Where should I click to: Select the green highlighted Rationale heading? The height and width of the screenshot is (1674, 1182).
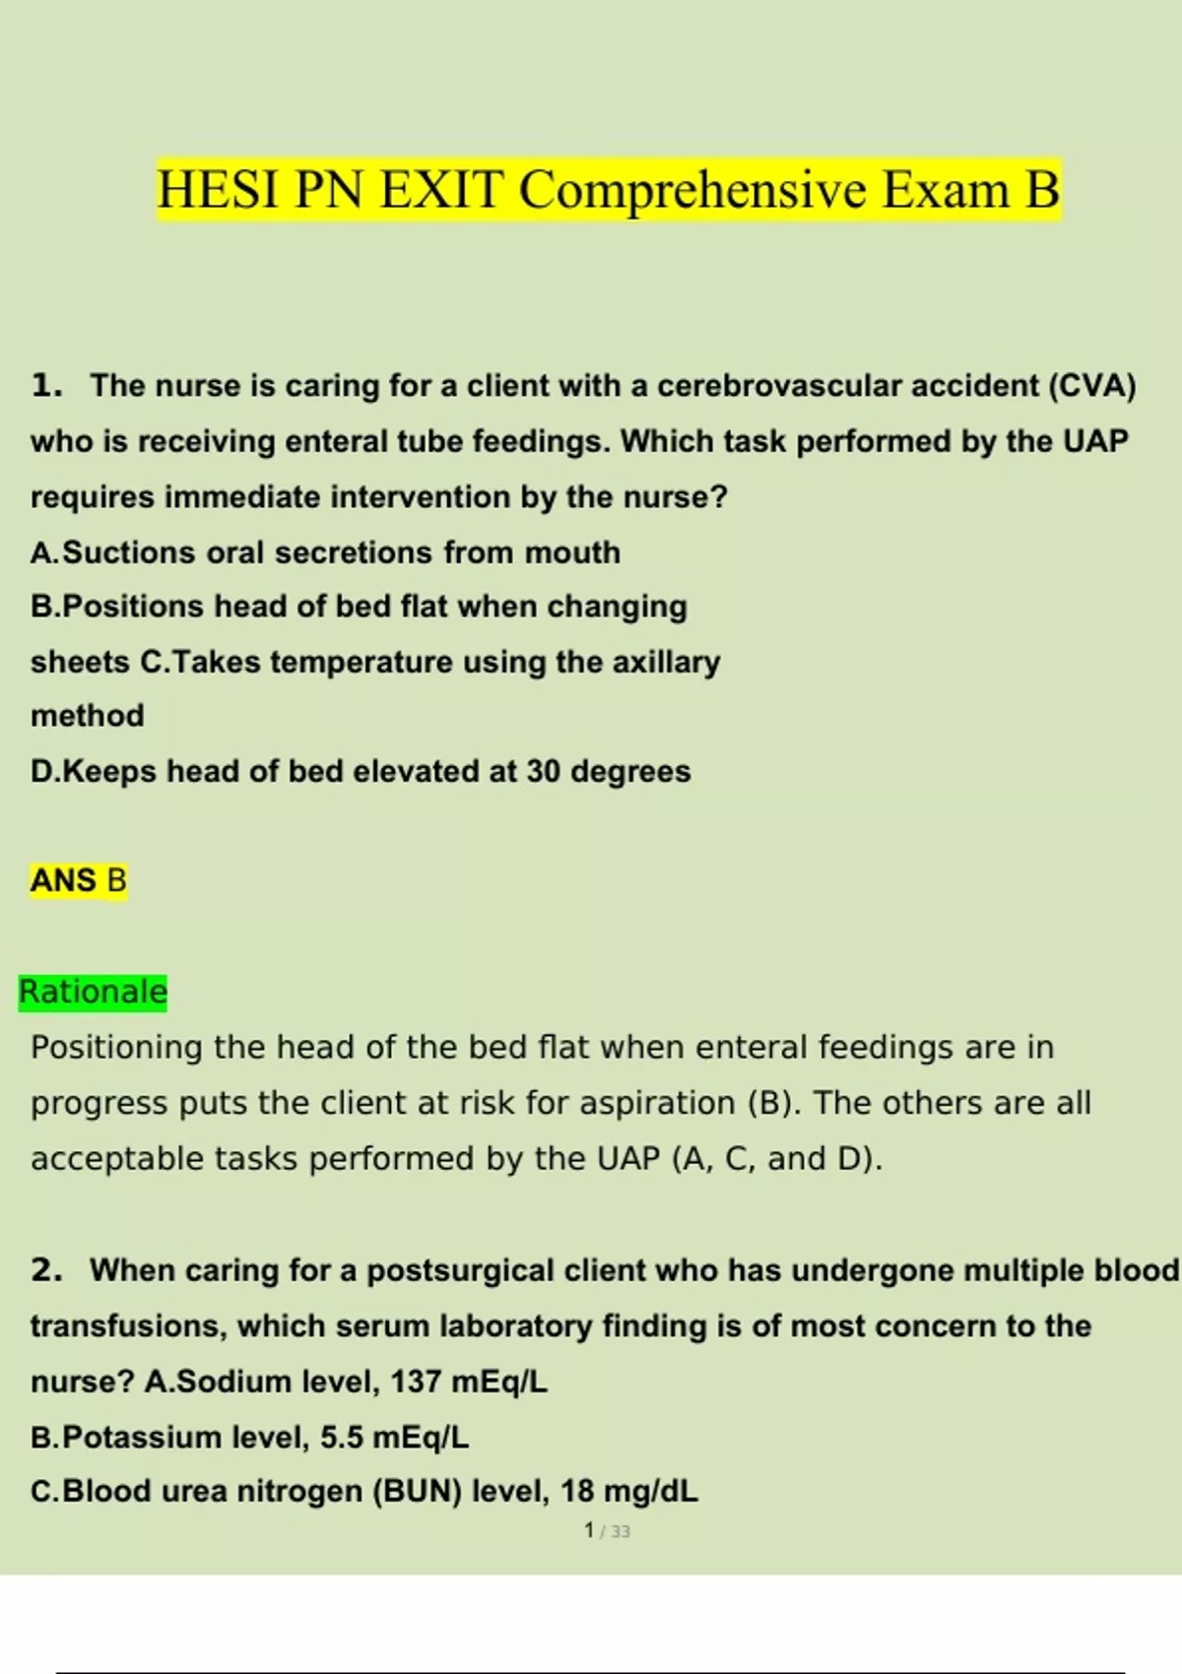pyautogui.click(x=94, y=992)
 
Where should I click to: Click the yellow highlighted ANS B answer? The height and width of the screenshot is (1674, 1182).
pyautogui.click(x=79, y=880)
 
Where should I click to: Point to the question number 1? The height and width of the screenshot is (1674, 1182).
pyautogui.click(x=45, y=386)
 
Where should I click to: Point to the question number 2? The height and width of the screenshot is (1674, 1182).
pyautogui.click(x=45, y=1270)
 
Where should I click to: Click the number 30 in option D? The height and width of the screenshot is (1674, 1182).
pyautogui.click(x=543, y=771)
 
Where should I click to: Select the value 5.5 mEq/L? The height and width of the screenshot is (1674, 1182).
pyautogui.click(x=394, y=1438)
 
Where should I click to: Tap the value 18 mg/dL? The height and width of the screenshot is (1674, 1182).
pyautogui.click(x=628, y=1492)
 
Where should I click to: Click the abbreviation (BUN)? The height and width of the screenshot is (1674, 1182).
pyautogui.click(x=418, y=1492)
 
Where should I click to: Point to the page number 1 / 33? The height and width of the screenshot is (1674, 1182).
pyautogui.click(x=607, y=1531)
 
